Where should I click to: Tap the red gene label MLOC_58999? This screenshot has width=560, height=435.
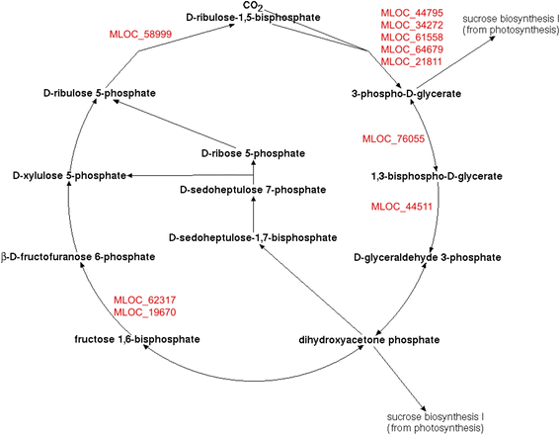click(x=141, y=34)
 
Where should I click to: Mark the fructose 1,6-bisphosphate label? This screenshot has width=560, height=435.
click(x=136, y=339)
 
